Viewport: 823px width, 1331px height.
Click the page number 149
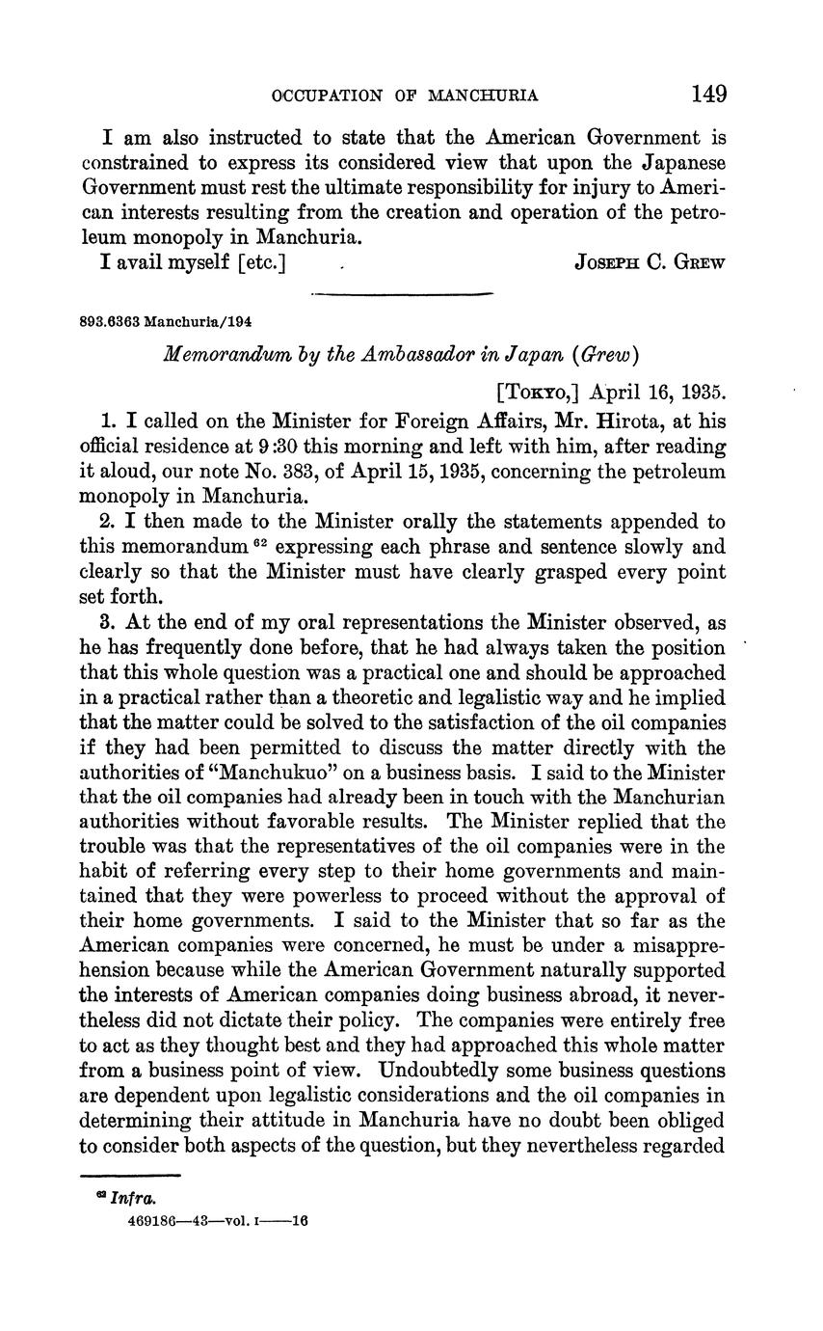tap(707, 94)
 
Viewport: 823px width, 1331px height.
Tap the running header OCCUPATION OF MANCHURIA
tap(405, 95)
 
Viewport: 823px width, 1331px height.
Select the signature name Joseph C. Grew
tap(650, 261)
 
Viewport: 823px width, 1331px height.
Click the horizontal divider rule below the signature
tap(402, 293)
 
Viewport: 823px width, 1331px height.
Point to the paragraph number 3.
tap(106, 623)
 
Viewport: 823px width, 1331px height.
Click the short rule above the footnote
tap(130, 1175)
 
